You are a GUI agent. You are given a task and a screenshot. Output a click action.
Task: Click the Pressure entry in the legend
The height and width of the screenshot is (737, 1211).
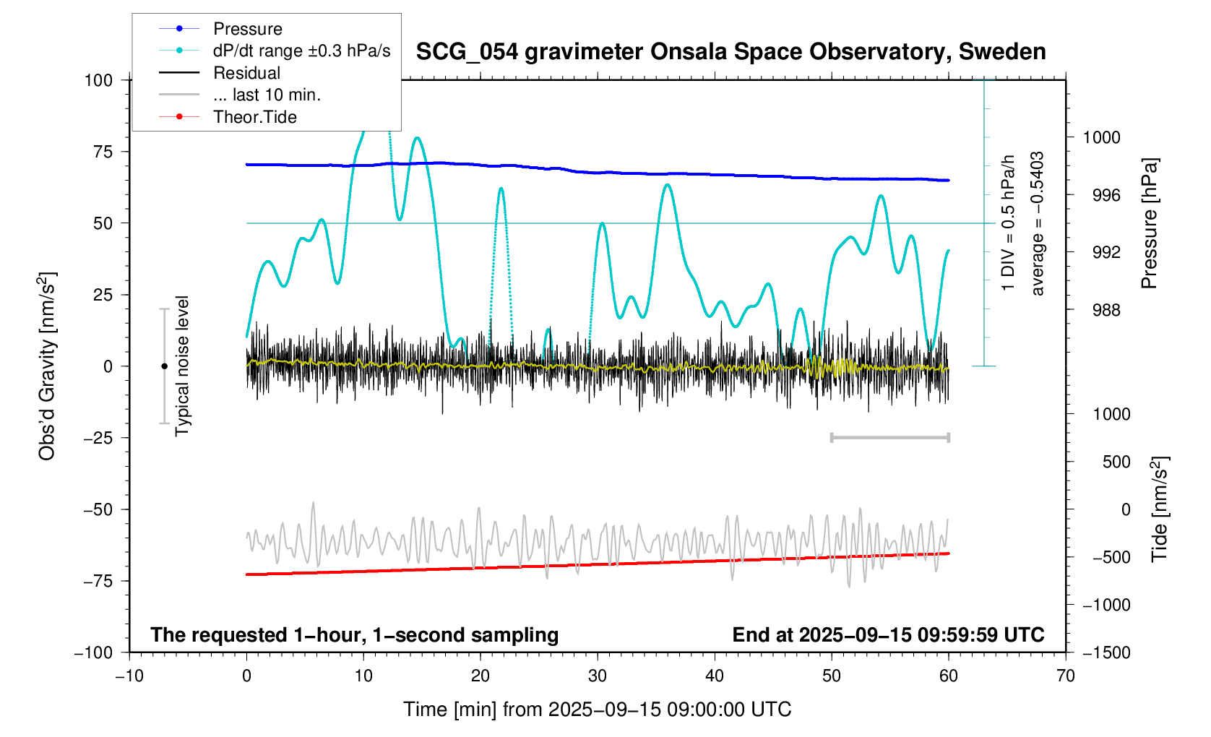(x=247, y=29)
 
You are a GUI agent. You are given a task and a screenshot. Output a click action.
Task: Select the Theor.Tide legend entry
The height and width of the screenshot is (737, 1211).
(x=254, y=117)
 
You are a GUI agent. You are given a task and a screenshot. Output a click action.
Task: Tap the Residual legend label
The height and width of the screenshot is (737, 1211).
(x=246, y=73)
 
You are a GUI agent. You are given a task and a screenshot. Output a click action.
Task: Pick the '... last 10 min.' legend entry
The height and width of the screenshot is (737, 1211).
(x=267, y=95)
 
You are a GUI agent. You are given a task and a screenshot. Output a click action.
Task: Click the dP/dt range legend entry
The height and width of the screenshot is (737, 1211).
(x=301, y=51)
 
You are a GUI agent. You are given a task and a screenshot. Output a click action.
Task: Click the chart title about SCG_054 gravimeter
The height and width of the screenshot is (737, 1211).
(x=731, y=52)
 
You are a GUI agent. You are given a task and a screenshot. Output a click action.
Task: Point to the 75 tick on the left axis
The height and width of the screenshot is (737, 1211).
(x=103, y=152)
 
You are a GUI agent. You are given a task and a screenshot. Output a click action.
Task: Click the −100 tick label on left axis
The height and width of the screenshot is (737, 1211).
(x=94, y=652)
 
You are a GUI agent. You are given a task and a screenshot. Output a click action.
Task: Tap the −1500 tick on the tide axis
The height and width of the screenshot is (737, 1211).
(x=1106, y=652)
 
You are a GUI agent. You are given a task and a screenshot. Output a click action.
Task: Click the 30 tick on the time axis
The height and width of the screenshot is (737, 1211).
(x=598, y=676)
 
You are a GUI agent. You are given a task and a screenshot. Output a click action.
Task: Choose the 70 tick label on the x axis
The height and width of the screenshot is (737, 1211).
(x=1065, y=676)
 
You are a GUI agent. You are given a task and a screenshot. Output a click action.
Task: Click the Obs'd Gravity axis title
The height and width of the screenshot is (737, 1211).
(x=47, y=366)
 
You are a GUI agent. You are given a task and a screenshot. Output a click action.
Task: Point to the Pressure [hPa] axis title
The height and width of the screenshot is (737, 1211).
(x=1149, y=223)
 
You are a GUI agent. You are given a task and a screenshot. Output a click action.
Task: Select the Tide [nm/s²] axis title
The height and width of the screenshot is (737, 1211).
(x=1160, y=509)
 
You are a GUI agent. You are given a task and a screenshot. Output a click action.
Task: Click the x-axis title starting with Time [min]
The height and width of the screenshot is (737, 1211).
(x=597, y=710)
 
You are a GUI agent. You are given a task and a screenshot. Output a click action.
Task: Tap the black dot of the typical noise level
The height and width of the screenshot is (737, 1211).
(x=164, y=366)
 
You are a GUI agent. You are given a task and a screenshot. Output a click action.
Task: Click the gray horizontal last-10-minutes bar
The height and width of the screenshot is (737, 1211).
(x=889, y=437)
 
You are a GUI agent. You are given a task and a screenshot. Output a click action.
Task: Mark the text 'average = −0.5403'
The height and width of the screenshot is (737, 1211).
(x=1038, y=223)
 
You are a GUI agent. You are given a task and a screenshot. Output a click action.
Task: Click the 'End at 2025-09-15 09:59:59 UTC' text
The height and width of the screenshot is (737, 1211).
(x=888, y=635)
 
